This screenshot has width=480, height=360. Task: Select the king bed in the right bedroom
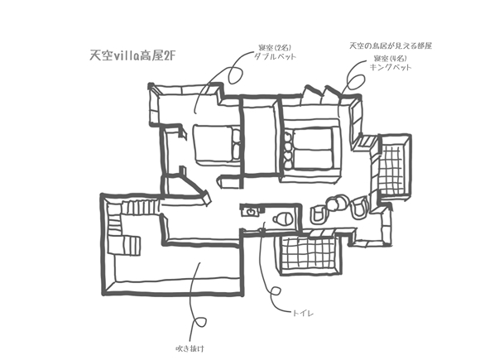(x=312, y=149)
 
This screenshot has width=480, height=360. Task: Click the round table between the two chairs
(x=337, y=201)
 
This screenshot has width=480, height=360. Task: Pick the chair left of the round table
(x=319, y=214)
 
